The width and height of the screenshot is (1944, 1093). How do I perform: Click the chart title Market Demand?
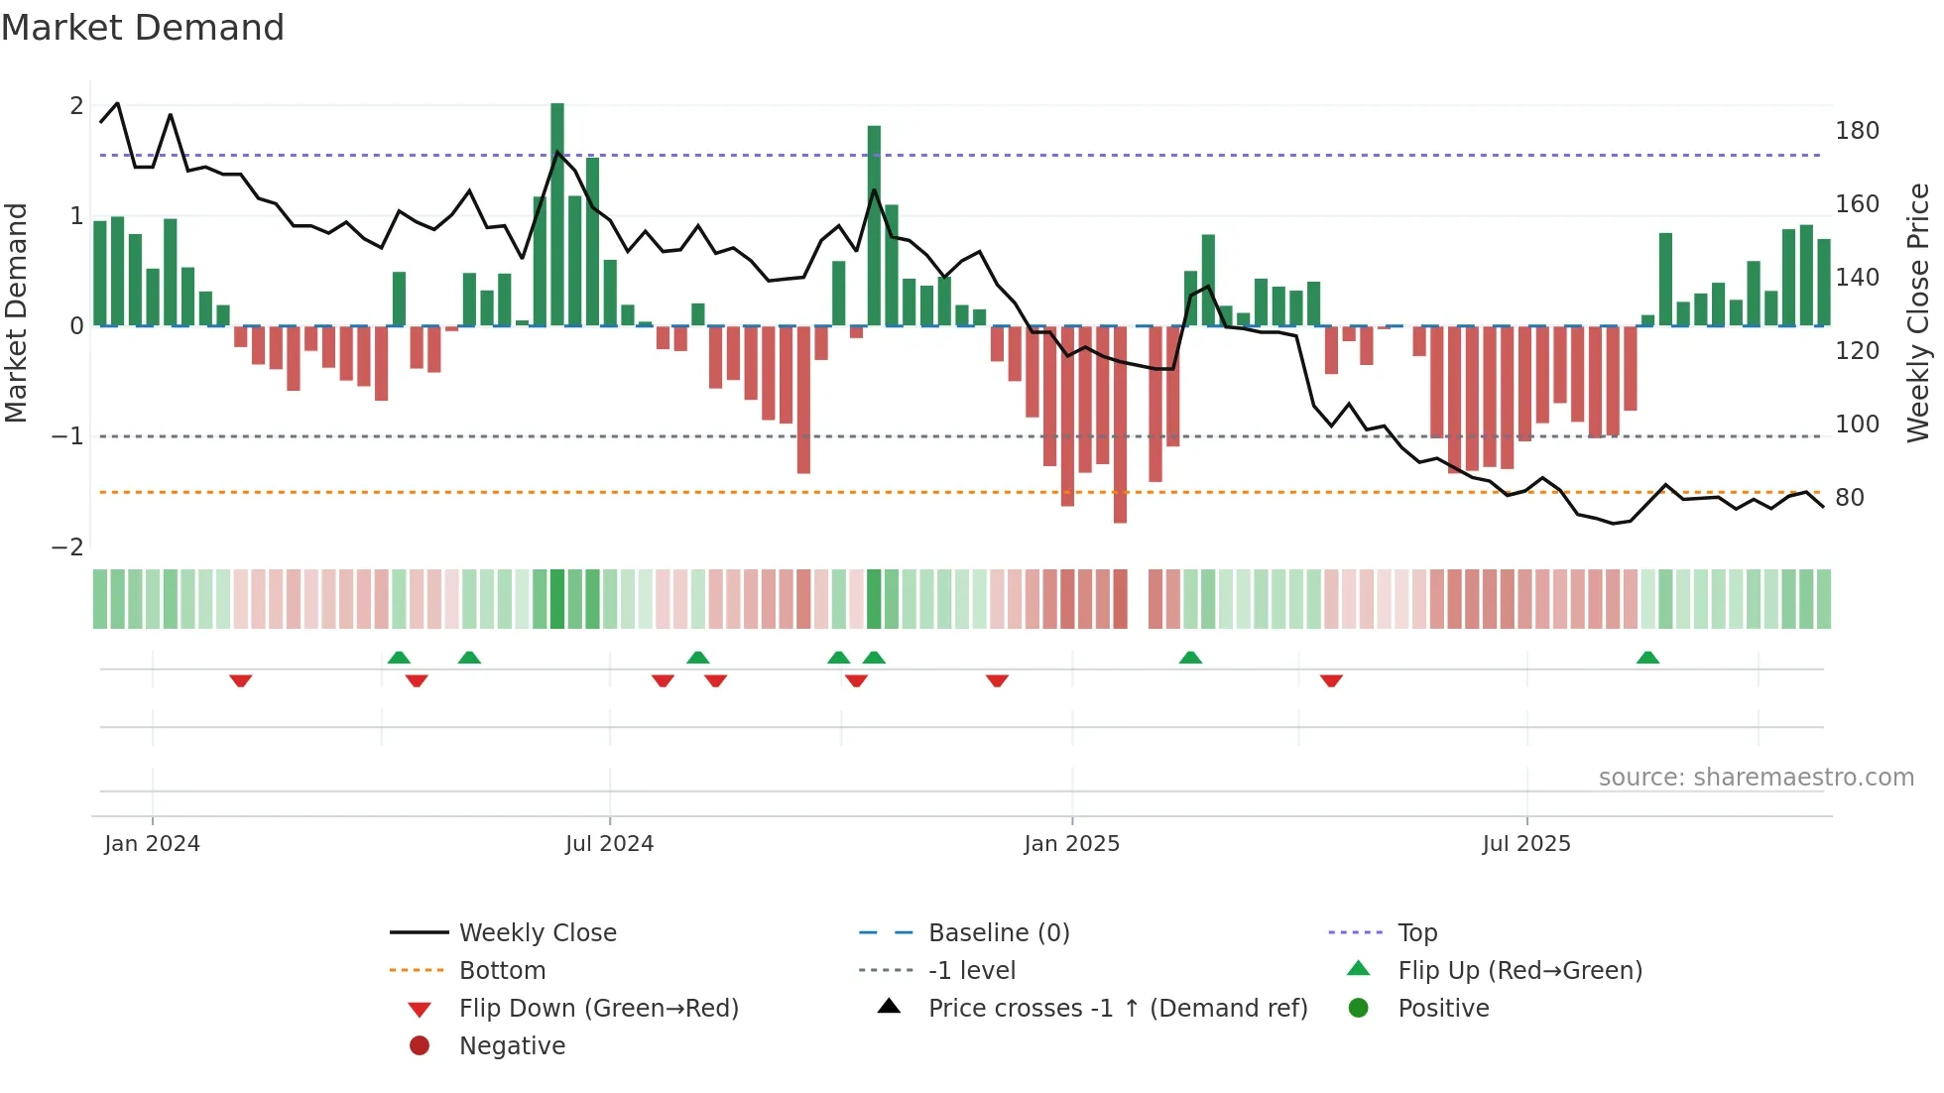pyautogui.click(x=143, y=28)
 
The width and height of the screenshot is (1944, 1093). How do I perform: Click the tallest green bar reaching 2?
pyautogui.click(x=557, y=213)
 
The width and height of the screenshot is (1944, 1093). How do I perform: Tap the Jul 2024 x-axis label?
pyautogui.click(x=609, y=844)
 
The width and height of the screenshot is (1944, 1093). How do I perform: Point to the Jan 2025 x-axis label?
pyautogui.click(x=1071, y=844)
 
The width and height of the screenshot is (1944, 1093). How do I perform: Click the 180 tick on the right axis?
pyautogui.click(x=1857, y=131)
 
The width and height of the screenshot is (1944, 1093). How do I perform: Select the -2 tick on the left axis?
pyautogui.click(x=68, y=547)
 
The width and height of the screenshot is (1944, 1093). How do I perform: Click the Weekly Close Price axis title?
pyautogui.click(x=1918, y=312)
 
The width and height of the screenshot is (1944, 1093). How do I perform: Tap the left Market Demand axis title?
pyautogui.click(x=16, y=312)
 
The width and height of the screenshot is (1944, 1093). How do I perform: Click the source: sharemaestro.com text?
pyautogui.click(x=1756, y=778)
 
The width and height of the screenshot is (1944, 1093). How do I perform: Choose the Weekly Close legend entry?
pyautogui.click(x=537, y=933)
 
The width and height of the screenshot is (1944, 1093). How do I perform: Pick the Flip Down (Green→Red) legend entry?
pyautogui.click(x=598, y=1009)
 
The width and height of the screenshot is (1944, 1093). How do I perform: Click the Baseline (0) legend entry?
pyautogui.click(x=998, y=933)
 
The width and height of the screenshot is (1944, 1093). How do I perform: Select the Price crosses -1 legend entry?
pyautogui.click(x=1117, y=1009)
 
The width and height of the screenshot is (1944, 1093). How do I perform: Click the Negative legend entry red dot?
pyautogui.click(x=420, y=1046)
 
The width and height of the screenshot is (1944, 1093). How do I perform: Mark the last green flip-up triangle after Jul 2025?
pyautogui.click(x=1647, y=658)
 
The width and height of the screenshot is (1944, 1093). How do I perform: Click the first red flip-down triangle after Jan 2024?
pyautogui.click(x=240, y=680)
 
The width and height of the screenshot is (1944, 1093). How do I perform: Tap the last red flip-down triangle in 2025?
pyautogui.click(x=1331, y=680)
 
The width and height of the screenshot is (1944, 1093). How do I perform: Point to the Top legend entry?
pyautogui.click(x=1416, y=933)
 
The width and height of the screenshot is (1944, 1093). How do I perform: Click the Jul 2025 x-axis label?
pyautogui.click(x=1526, y=844)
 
